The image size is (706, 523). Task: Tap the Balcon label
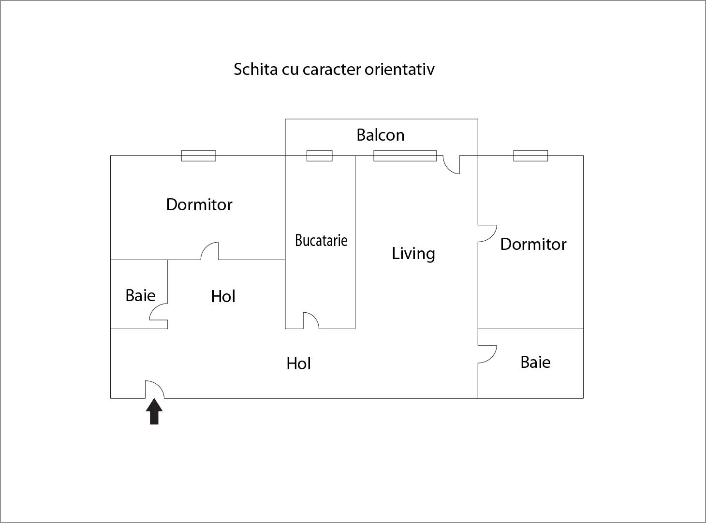click(x=381, y=135)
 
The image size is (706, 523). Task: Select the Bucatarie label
click(x=321, y=240)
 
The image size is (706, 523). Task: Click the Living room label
click(x=413, y=253)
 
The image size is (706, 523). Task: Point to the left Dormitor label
click(x=199, y=204)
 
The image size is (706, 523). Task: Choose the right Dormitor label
click(x=533, y=244)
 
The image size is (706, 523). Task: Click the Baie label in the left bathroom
click(x=140, y=295)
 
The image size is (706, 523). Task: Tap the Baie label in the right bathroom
click(x=535, y=362)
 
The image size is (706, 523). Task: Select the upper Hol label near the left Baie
click(x=223, y=296)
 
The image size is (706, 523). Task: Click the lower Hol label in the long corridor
click(x=298, y=363)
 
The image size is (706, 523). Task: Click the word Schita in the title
click(x=255, y=69)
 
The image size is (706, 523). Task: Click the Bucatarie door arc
click(x=311, y=320)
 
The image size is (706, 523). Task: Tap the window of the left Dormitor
click(x=198, y=156)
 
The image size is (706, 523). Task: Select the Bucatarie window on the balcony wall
click(x=320, y=156)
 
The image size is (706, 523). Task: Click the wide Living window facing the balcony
click(x=405, y=156)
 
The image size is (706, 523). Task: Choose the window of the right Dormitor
click(x=530, y=156)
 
